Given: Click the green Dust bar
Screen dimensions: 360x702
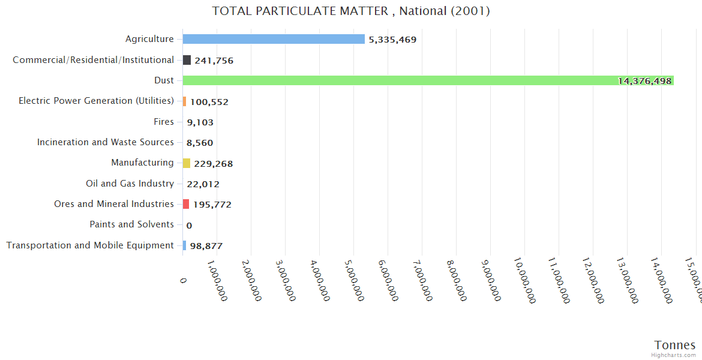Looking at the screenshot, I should point(420,80).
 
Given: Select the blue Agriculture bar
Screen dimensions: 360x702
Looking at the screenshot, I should point(274,39).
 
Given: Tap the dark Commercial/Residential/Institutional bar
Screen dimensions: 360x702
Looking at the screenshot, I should point(187,60).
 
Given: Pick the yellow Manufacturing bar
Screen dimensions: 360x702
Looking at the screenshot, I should point(187,163).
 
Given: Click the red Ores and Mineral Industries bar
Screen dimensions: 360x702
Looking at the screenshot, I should point(186,204).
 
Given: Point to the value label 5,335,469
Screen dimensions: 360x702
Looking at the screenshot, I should point(392,40).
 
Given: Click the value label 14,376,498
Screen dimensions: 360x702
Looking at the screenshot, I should point(644,81).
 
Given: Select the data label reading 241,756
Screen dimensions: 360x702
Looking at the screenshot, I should point(214,61).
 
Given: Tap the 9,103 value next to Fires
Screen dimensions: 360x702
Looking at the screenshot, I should point(200,122).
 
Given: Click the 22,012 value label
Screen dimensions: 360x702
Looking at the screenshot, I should point(203,184).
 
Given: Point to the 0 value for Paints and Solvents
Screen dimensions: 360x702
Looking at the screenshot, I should point(189,226).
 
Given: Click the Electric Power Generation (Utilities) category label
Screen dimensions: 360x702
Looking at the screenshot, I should point(96,101).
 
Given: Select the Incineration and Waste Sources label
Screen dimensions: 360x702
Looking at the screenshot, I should point(105,142).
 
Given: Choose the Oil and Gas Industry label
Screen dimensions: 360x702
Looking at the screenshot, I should point(130,184).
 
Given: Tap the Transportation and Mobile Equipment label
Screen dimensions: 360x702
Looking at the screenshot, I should point(90,245).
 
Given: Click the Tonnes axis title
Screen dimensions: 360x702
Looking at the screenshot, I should point(674,344).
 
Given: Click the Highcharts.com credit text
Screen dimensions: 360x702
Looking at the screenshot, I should point(673,355).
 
